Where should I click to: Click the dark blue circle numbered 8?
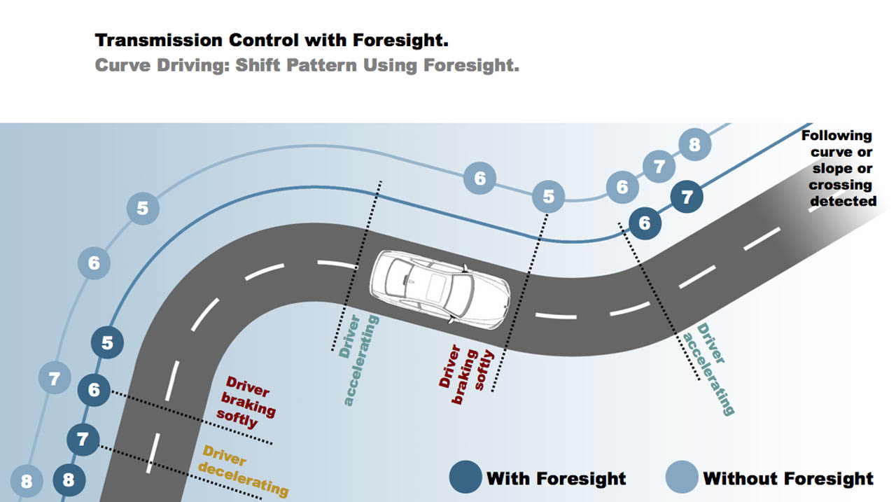pyautogui.click(x=69, y=480)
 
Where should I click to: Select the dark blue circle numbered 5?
pyautogui.click(x=107, y=343)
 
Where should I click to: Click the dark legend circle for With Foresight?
pyautogui.click(x=465, y=477)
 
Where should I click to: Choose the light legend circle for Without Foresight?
pyautogui.click(x=682, y=477)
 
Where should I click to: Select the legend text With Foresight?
pyautogui.click(x=556, y=479)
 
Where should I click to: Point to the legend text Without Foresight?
pyautogui.click(x=788, y=479)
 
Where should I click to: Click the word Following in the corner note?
pyautogui.click(x=836, y=136)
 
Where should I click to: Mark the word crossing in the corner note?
pyautogui.click(x=840, y=186)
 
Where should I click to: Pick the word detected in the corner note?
pyautogui.click(x=843, y=202)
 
